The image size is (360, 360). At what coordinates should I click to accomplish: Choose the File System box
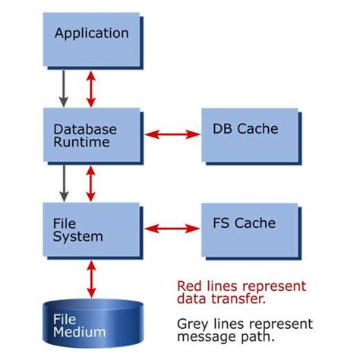pyautogui.click(x=92, y=229)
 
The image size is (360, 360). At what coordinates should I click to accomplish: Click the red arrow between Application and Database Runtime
pyautogui.click(x=91, y=87)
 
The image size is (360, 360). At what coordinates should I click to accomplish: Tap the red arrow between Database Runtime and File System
pyautogui.click(x=91, y=183)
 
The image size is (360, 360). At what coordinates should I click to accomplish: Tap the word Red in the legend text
pyautogui.click(x=190, y=286)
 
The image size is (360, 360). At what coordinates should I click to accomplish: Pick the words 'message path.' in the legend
pyautogui.click(x=219, y=337)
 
